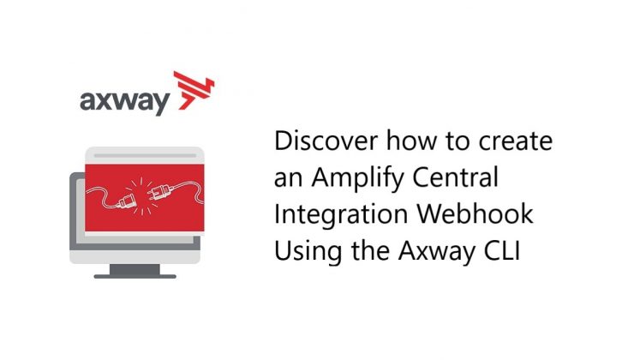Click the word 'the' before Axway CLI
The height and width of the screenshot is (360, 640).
(x=355, y=251)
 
